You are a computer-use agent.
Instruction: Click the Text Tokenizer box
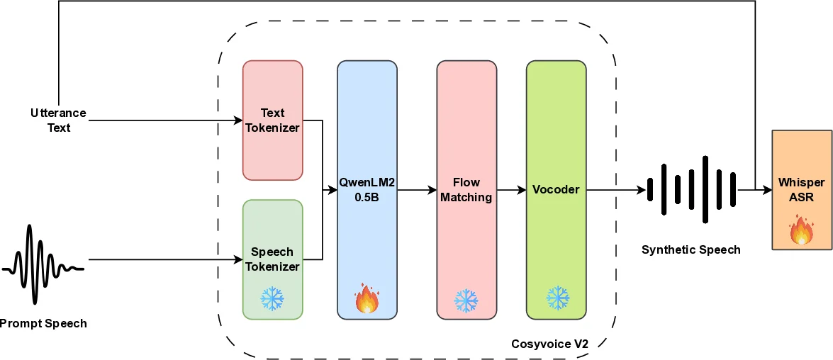[x=272, y=120]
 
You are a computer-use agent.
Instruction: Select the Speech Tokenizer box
[x=272, y=259]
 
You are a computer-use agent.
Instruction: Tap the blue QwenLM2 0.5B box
[x=367, y=190]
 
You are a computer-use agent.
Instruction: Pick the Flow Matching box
[x=466, y=190]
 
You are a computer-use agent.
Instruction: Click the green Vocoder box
[x=556, y=190]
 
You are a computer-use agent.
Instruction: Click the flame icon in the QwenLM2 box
[x=367, y=300]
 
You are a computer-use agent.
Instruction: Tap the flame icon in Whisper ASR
[x=801, y=230]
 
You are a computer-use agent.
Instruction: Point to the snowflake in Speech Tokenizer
[x=272, y=299]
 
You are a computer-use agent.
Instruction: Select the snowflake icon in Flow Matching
[x=466, y=300]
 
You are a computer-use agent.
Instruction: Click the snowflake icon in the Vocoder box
[x=557, y=299]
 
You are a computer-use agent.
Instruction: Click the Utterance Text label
[x=58, y=120]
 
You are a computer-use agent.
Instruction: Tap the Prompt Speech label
[x=43, y=324]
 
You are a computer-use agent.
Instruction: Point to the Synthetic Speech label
[x=691, y=249]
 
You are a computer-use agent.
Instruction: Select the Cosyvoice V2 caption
[x=549, y=344]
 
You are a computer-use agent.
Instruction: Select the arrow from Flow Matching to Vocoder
[x=510, y=190]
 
